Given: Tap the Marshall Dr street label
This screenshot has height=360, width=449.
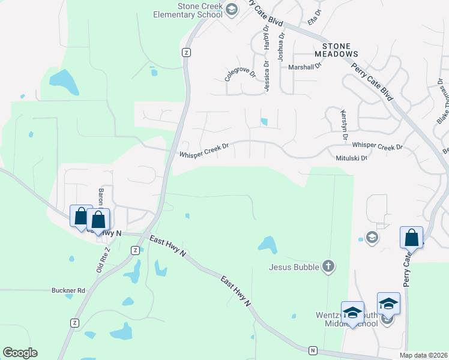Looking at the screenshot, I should pyautogui.click(x=305, y=67).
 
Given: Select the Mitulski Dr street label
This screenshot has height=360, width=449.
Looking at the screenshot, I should pyautogui.click(x=351, y=158).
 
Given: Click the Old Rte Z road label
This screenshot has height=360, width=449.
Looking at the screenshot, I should pyautogui.click(x=103, y=260).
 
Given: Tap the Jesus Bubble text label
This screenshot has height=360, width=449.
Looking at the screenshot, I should pyautogui.click(x=294, y=267).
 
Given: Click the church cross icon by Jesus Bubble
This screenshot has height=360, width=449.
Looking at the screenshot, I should pyautogui.click(x=328, y=266).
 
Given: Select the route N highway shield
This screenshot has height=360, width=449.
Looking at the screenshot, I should pyautogui.click(x=312, y=350).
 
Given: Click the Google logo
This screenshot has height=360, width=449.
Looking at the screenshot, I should pyautogui.click(x=20, y=353).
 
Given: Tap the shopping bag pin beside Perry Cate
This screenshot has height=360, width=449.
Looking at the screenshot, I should pyautogui.click(x=412, y=238).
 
